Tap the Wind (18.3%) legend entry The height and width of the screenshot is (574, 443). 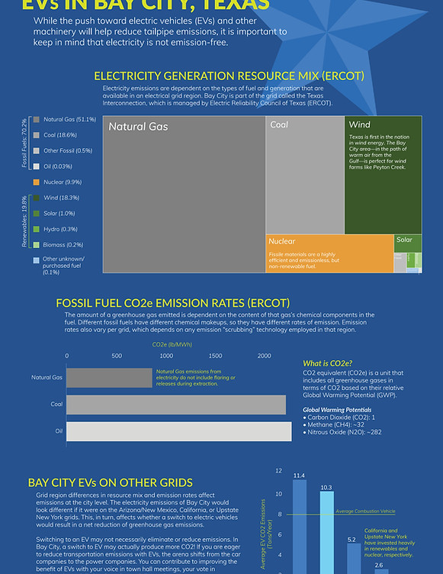pyautogui.click(x=62, y=198)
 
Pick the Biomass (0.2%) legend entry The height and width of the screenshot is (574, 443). pyautogui.click(x=63, y=244)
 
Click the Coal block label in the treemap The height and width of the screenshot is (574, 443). pyautogui.click(x=279, y=124)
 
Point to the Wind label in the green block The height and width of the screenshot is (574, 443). pyautogui.click(x=359, y=124)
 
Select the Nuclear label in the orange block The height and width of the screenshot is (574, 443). pyautogui.click(x=281, y=241)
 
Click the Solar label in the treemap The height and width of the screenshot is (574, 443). pyautogui.click(x=404, y=240)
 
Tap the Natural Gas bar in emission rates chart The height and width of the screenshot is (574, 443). pyautogui.click(x=110, y=377)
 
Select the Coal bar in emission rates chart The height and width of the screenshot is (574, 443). pyautogui.click(x=176, y=404)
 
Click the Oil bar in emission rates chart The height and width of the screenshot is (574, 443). pyautogui.click(x=179, y=431)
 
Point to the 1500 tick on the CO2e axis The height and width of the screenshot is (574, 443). pyautogui.click(x=215, y=356)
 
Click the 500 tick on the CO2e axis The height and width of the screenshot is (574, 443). pyautogui.click(x=117, y=356)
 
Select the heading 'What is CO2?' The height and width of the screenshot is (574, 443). pyautogui.click(x=327, y=363)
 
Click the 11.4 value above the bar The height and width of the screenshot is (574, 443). pyautogui.click(x=299, y=475)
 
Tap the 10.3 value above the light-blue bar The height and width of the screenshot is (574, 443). pyautogui.click(x=326, y=486)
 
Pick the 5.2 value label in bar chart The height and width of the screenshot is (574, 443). pyautogui.click(x=352, y=539)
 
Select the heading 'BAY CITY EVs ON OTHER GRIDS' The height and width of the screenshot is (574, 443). pyautogui.click(x=110, y=482)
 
